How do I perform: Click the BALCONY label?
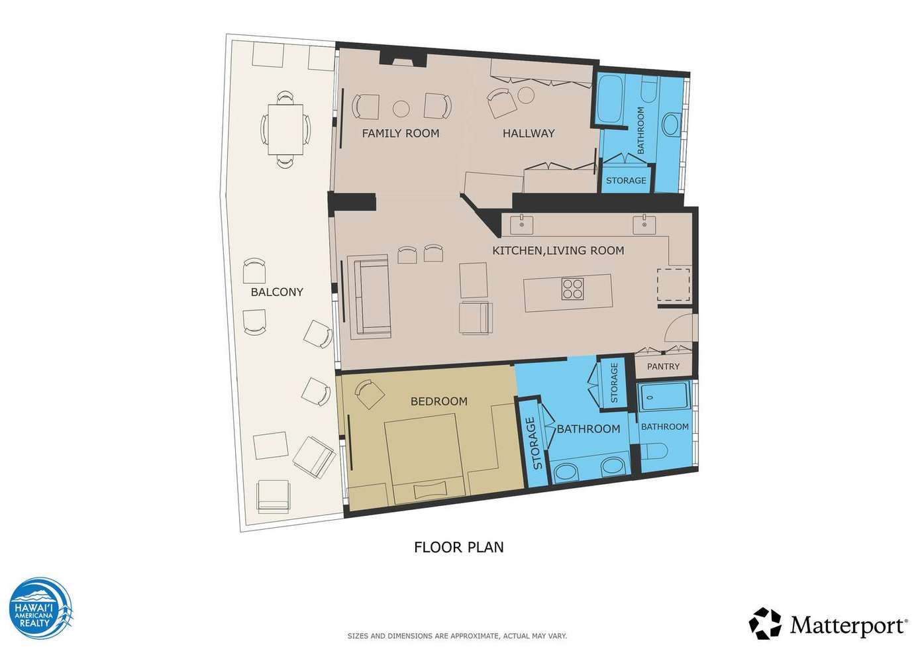pyautogui.click(x=277, y=292)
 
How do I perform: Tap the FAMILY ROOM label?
pyautogui.click(x=401, y=133)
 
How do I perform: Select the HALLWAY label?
pyautogui.click(x=529, y=133)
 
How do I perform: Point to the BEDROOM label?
pyautogui.click(x=439, y=401)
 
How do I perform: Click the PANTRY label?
pyautogui.click(x=663, y=366)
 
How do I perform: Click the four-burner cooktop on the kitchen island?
pyautogui.click(x=572, y=289)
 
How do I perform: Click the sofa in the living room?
pyautogui.click(x=368, y=297)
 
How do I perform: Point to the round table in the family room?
pyautogui.click(x=401, y=109)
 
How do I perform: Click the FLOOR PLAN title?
pyautogui.click(x=458, y=548)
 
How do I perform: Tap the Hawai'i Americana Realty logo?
pyautogui.click(x=41, y=609)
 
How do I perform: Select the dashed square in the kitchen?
pyautogui.click(x=674, y=285)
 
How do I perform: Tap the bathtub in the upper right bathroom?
pyautogui.click(x=611, y=99)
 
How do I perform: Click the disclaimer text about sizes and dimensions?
pyautogui.click(x=457, y=636)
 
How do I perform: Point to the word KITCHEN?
pyautogui.click(x=517, y=250)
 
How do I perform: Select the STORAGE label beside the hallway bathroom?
pyautogui.click(x=626, y=180)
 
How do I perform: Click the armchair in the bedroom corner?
pyautogui.click(x=370, y=394)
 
